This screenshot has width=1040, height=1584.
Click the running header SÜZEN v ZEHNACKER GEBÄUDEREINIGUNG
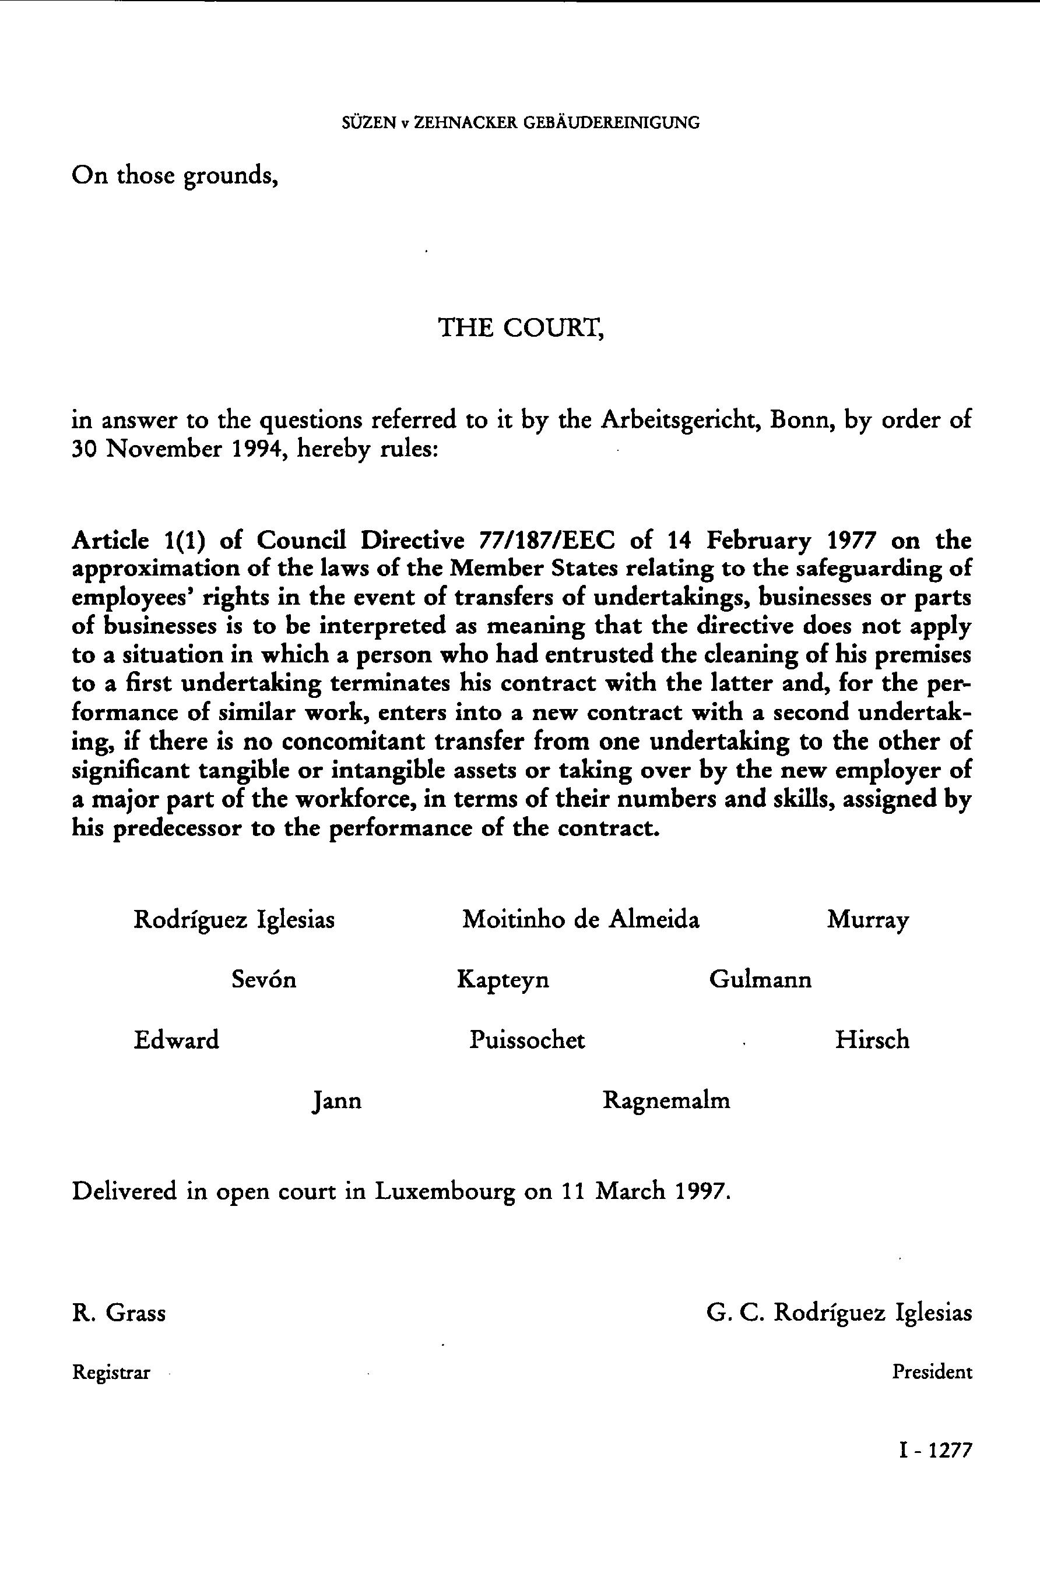[x=520, y=123]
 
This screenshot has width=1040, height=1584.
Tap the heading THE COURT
[x=521, y=327]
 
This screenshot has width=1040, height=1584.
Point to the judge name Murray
[x=867, y=920]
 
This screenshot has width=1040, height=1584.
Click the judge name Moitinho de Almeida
[x=581, y=920]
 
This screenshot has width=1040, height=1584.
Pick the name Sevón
[x=263, y=980]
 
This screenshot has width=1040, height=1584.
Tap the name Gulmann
[x=760, y=980]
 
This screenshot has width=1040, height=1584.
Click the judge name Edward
[x=177, y=1039]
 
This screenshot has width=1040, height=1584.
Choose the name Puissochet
[x=526, y=1039]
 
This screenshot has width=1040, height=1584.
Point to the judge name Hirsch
[x=872, y=1039]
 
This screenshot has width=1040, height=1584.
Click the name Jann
[x=337, y=1100]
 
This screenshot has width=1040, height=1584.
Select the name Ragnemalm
[x=666, y=1100]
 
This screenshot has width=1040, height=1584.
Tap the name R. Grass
[x=119, y=1313]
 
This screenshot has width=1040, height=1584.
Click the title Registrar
[x=111, y=1373]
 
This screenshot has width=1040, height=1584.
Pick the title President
[x=932, y=1372]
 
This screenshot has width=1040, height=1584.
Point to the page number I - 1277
[x=935, y=1450]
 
